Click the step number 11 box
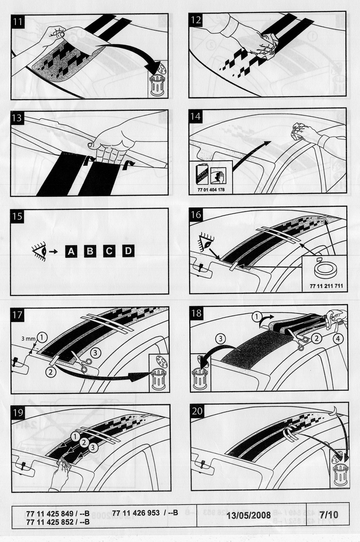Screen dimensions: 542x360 point(18,22)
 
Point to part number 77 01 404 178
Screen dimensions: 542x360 point(211,189)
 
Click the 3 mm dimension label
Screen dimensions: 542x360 point(28,339)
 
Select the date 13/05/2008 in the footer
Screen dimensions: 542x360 point(249,515)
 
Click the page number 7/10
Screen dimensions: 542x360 point(328,515)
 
